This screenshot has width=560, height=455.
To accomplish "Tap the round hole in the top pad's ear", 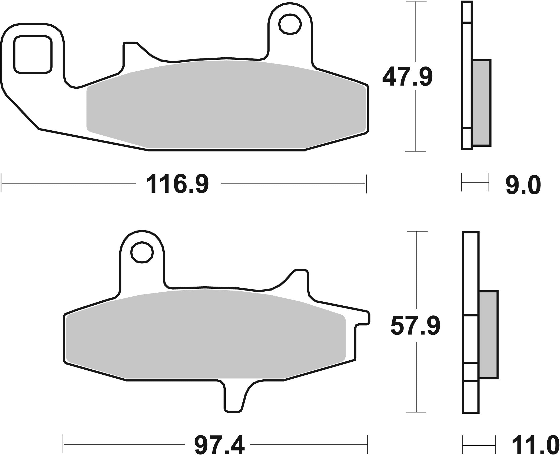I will pyautogui.click(x=290, y=24).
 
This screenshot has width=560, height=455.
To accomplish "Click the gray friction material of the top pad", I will pyautogui.click(x=224, y=106).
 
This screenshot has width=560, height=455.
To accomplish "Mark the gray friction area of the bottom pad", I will pyautogui.click(x=203, y=336).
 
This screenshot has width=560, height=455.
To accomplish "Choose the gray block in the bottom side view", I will pyautogui.click(x=488, y=334).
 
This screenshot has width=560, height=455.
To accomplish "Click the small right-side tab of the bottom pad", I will pyautogui.click(x=363, y=319).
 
